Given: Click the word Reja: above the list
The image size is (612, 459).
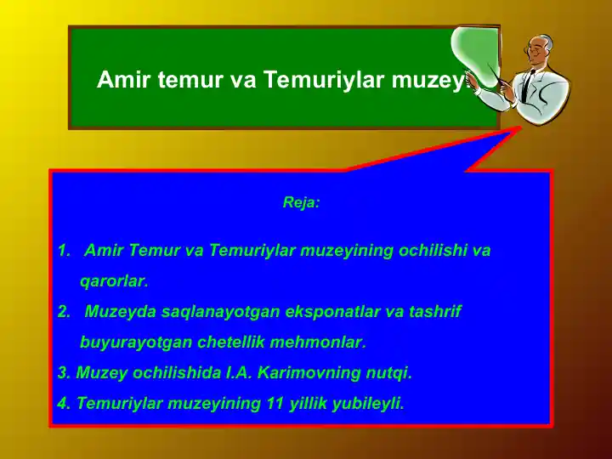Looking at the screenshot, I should click(x=301, y=204).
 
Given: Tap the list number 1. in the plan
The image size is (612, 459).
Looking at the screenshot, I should click(x=64, y=252).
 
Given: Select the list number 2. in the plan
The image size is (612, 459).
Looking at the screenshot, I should click(x=64, y=312).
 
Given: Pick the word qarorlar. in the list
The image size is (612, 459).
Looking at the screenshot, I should click(x=114, y=281).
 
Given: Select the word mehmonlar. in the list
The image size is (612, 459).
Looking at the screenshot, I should click(x=321, y=343).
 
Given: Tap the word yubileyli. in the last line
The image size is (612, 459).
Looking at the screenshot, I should click(x=370, y=403).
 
